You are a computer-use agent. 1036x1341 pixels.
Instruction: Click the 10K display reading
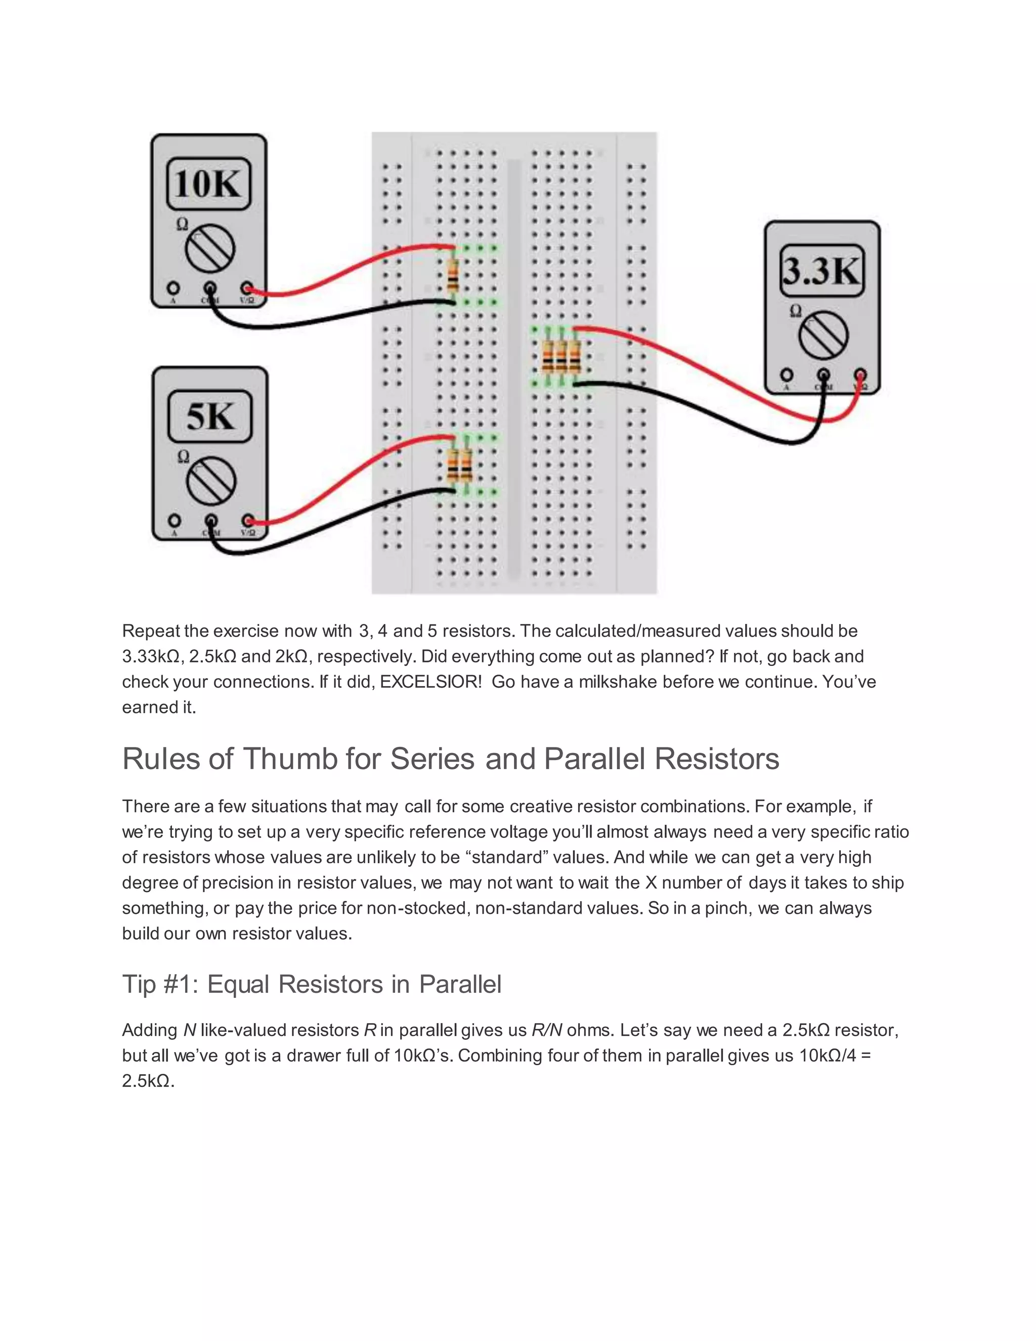(x=209, y=184)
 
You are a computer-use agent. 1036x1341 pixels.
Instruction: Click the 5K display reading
(x=210, y=417)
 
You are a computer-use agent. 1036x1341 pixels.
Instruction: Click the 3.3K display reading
(x=823, y=271)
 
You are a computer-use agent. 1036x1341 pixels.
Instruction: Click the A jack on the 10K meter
(x=173, y=288)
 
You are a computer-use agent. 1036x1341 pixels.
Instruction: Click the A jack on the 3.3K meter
(x=786, y=374)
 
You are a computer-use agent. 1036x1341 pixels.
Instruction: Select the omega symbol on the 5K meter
(x=183, y=457)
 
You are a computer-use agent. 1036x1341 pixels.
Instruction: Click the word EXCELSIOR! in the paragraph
(x=431, y=682)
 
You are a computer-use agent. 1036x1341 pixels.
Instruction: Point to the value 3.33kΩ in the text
(x=151, y=656)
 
